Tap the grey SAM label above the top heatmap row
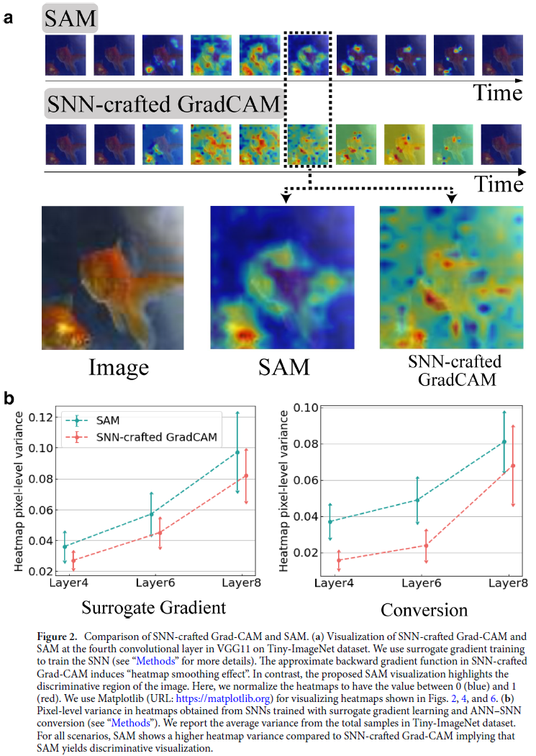(x=70, y=19)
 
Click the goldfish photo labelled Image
(x=112, y=278)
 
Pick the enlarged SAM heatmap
(x=282, y=278)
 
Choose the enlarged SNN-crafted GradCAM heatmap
(x=453, y=278)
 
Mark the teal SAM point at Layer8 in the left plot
(x=237, y=452)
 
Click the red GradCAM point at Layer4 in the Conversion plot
(x=338, y=559)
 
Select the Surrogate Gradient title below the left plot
(x=153, y=607)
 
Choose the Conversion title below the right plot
(x=424, y=610)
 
